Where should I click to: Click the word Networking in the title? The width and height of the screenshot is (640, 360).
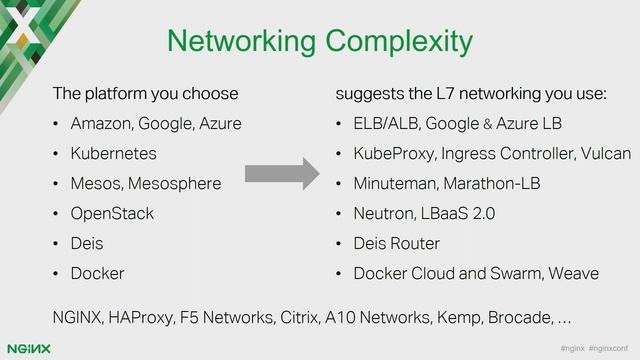coord(233,42)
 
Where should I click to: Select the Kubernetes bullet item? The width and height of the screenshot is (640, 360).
coord(113,154)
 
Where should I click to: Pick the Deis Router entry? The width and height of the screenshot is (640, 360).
coord(400,242)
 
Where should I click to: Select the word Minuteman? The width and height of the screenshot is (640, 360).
coord(396,184)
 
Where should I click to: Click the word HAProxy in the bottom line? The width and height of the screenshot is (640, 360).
coord(138,317)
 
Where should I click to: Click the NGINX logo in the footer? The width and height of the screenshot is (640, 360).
coord(28,347)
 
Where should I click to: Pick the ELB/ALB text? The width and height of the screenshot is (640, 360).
coord(384,125)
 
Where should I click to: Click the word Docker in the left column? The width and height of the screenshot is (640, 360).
coord(97,272)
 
